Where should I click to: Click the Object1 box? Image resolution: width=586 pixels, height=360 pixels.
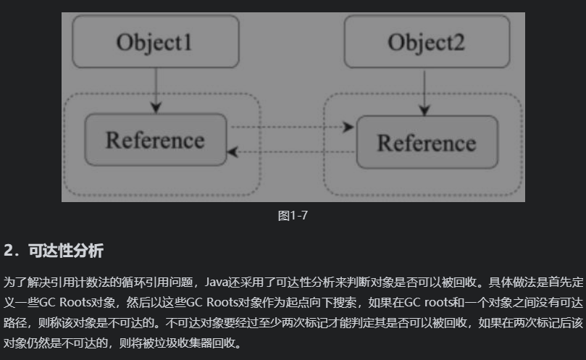[155, 42]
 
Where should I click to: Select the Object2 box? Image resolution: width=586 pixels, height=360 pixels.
[426, 42]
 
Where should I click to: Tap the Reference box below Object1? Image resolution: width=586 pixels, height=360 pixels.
[155, 139]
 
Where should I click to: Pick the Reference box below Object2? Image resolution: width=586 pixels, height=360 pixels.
[426, 142]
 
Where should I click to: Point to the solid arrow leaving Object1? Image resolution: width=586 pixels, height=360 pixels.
[155, 91]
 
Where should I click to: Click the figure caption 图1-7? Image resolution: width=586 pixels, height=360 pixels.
[293, 216]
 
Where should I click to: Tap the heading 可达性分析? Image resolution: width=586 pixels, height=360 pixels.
[66, 251]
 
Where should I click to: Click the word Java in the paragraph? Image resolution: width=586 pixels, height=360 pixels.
[219, 281]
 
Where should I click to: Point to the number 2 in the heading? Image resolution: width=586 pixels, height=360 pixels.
[9, 251]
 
